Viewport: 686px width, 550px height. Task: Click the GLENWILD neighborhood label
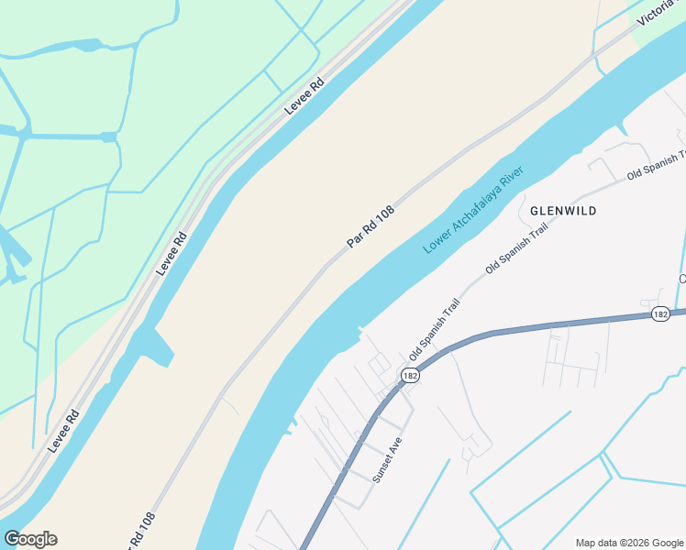[x=563, y=211]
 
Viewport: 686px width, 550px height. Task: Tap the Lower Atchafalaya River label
[x=471, y=211]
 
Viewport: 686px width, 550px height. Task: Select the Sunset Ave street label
[x=387, y=459]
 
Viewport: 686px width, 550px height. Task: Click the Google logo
[x=30, y=539]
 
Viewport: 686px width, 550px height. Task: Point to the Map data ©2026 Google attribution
[x=629, y=543]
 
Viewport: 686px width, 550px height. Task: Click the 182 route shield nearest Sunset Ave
[x=409, y=376]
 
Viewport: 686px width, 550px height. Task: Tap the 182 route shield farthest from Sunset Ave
[x=660, y=313]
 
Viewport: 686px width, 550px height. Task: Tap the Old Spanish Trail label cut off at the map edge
[x=657, y=165]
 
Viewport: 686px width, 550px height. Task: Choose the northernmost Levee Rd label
[x=304, y=94]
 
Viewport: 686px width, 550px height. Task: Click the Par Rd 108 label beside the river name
[x=371, y=225]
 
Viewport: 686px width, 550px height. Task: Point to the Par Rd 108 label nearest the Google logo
[x=138, y=531]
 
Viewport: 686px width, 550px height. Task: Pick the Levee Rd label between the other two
[x=171, y=253]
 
